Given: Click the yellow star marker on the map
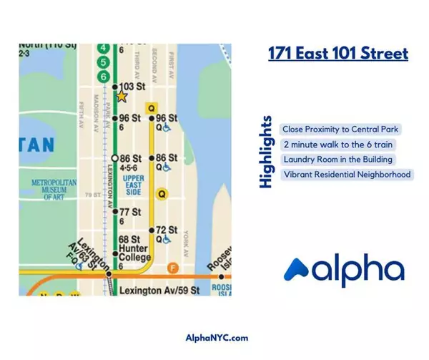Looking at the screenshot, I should click(122, 96).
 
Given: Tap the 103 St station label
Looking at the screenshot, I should click(131, 87).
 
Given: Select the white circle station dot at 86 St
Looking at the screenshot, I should click(114, 157).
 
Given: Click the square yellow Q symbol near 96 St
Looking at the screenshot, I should click(150, 108).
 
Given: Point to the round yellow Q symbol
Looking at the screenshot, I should click(162, 193).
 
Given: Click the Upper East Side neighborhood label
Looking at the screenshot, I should click(134, 185).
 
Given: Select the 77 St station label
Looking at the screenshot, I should click(129, 212).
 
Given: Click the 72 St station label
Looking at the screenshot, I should click(166, 230).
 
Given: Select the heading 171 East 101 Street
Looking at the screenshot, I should click(338, 54).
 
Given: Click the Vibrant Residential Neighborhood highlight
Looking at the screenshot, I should click(347, 175).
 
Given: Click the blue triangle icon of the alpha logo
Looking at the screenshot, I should click(299, 270).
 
